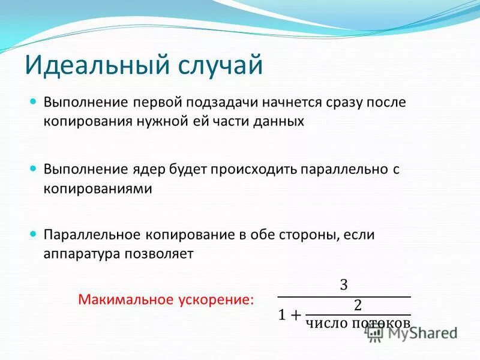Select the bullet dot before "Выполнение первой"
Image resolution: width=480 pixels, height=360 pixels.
click(34, 101)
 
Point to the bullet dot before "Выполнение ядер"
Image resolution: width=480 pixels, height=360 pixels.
click(34, 168)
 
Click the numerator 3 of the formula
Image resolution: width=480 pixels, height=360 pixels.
click(344, 284)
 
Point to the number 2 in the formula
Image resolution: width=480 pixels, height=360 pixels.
click(358, 305)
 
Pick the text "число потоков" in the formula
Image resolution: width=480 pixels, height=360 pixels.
click(358, 324)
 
